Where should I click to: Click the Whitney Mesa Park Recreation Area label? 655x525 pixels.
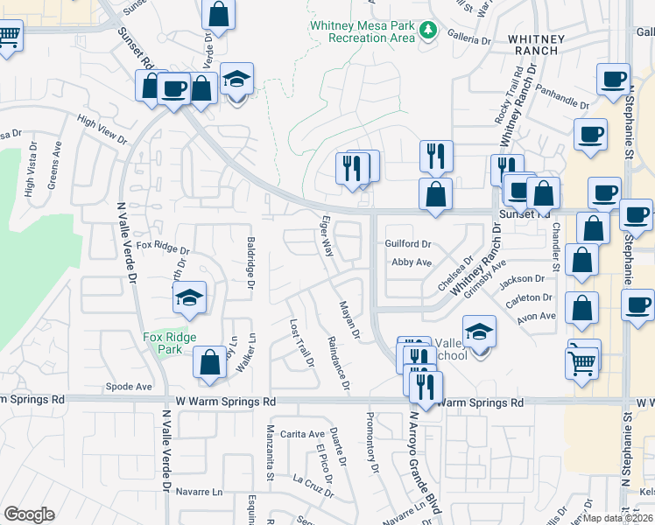click(x=362, y=31)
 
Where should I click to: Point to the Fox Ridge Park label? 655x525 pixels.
click(x=170, y=343)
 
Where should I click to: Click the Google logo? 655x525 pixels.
click(x=29, y=514)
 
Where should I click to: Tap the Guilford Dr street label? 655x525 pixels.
click(x=408, y=244)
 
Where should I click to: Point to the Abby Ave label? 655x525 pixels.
click(x=412, y=262)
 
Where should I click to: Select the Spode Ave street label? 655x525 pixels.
click(x=129, y=386)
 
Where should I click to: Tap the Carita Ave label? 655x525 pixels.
click(x=303, y=434)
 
